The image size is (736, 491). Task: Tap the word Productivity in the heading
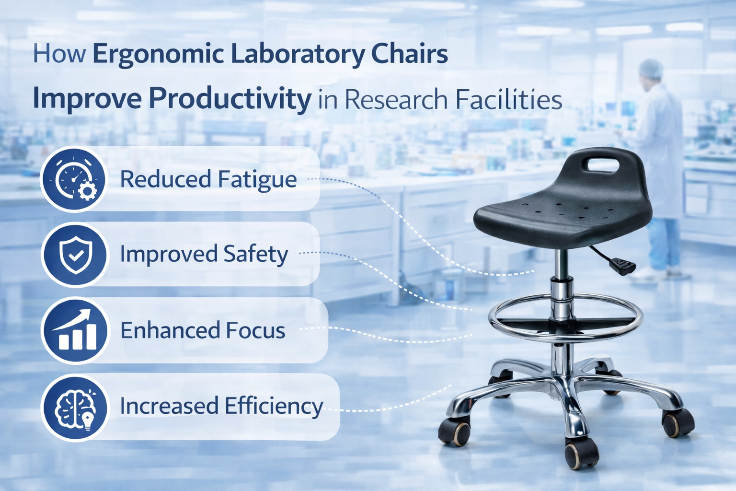[230, 99]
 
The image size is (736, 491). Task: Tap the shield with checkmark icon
[74, 255]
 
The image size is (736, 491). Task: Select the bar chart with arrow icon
[74, 330]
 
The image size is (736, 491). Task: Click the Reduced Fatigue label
[208, 179]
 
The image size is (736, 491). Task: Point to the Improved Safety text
[204, 254]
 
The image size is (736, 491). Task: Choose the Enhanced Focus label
[203, 330]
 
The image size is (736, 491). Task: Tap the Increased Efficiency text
[221, 406]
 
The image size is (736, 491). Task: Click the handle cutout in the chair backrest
[602, 164]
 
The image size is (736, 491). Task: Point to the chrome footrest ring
[565, 331]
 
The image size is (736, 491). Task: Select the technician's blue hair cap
[651, 69]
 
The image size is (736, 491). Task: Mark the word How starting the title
[59, 54]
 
